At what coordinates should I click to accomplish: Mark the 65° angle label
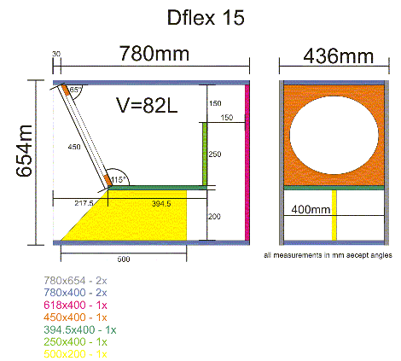(x=75, y=90)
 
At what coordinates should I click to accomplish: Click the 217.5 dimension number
(x=84, y=203)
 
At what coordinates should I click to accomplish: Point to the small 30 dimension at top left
(x=56, y=55)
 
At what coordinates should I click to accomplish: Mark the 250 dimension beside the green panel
(x=216, y=154)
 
